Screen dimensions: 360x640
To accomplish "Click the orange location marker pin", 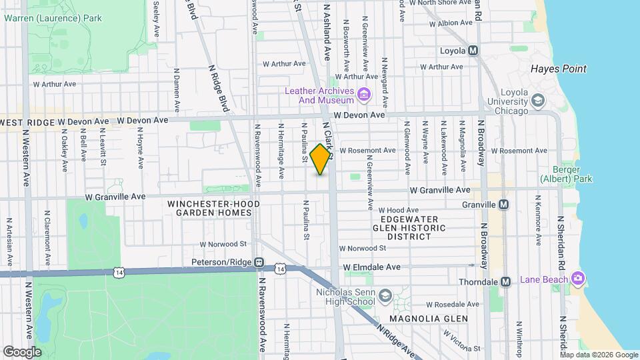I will point(321,159).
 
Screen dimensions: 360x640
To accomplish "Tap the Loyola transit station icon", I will point(473,51).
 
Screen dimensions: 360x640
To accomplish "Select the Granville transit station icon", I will point(503,205).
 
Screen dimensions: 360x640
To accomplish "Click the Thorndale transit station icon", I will point(505,281).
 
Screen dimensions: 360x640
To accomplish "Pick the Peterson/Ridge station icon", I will point(259,262).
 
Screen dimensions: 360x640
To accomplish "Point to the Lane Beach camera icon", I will point(577,278).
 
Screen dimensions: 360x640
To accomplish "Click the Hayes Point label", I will point(558,69).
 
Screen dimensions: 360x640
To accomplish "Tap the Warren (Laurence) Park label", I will point(53,18).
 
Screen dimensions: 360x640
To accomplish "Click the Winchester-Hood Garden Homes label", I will point(209,208).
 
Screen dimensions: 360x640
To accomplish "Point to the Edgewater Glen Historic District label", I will point(409,227).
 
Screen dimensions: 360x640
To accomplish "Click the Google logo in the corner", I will point(23,351).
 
